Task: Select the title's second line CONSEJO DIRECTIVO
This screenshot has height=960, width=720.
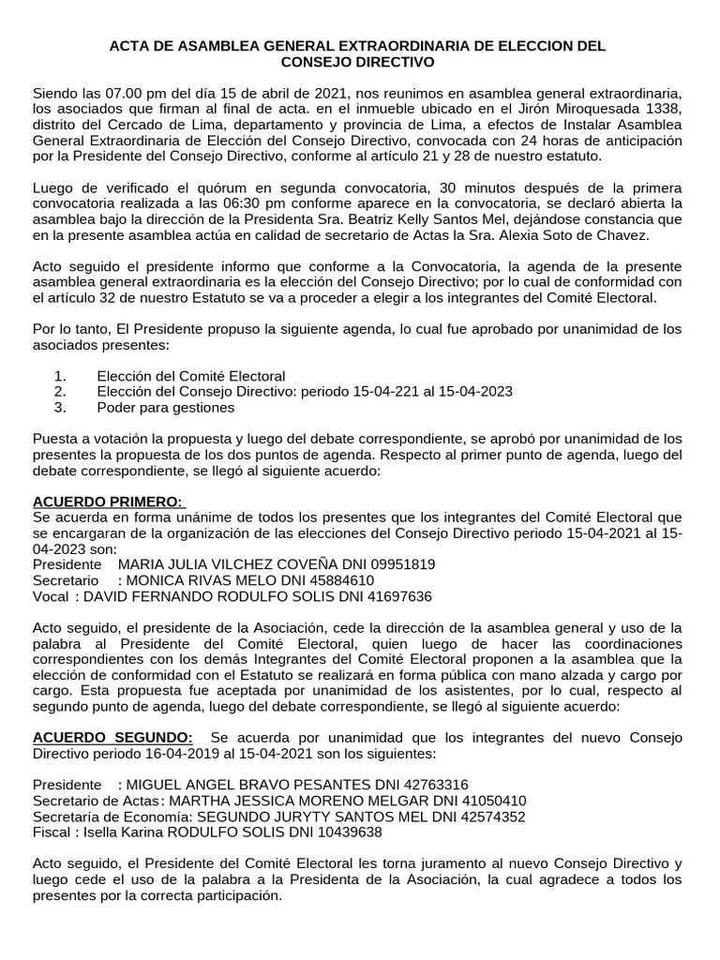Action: click(359, 62)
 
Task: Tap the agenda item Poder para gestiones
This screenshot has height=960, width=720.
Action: click(165, 407)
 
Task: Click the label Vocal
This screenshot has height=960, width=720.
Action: click(51, 596)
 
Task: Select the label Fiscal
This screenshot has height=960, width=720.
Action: click(52, 832)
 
